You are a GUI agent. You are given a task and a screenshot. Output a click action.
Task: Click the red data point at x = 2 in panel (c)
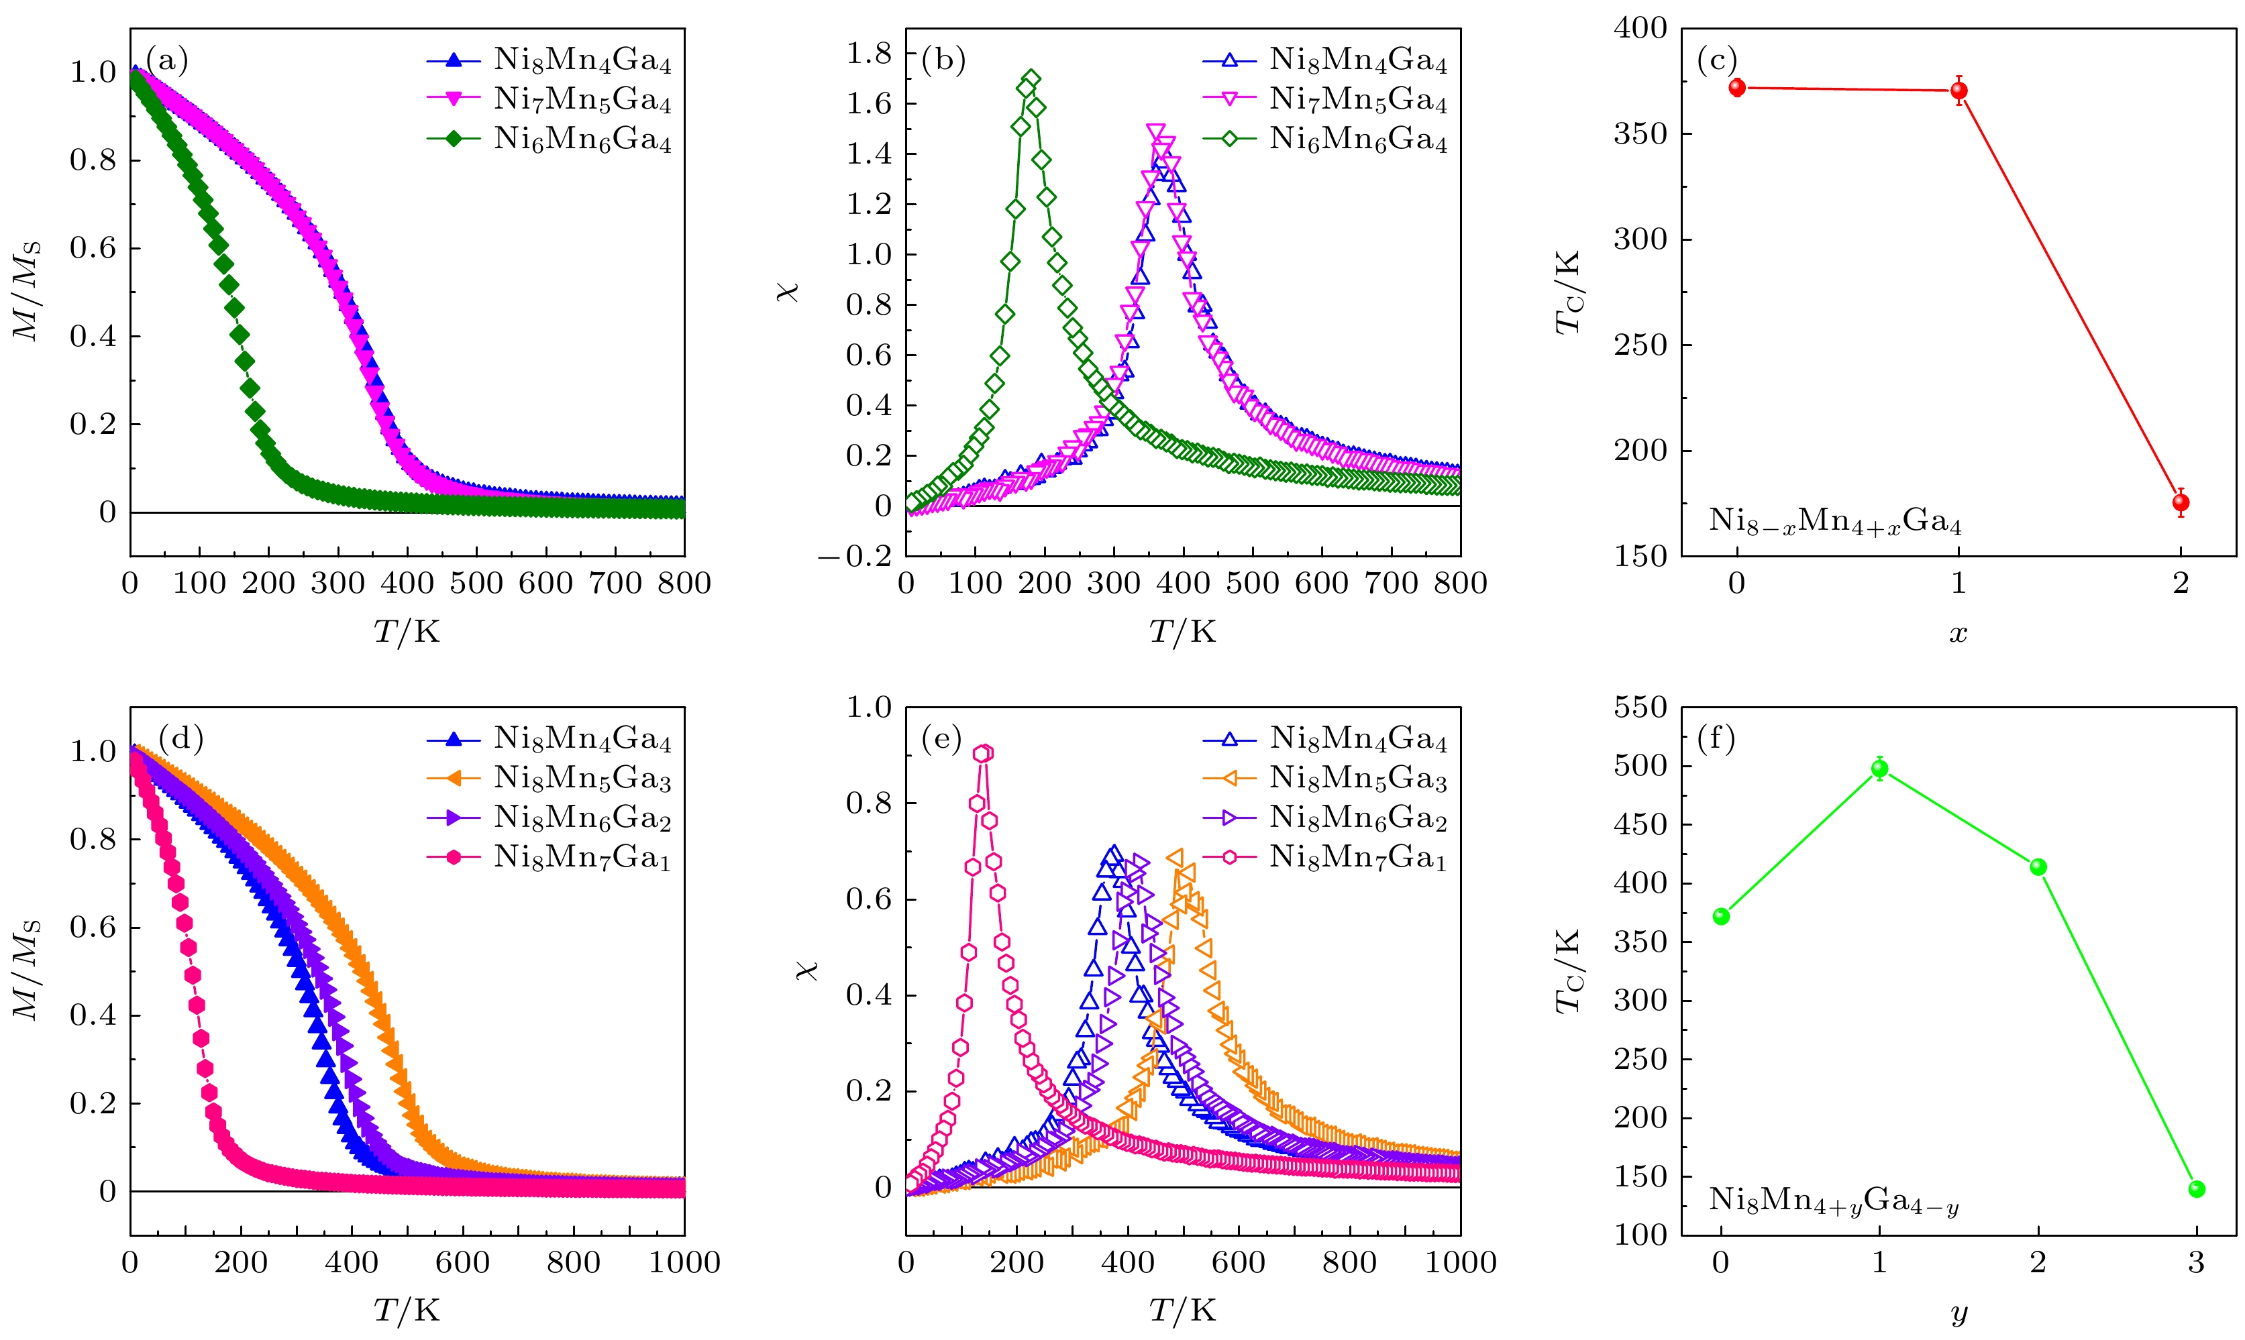pos(2180,503)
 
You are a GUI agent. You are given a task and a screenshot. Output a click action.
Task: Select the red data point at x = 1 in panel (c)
pos(1959,91)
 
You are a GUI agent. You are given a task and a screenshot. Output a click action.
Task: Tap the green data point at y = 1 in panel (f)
pos(1879,769)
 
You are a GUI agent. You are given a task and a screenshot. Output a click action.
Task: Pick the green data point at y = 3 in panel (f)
pos(2196,1189)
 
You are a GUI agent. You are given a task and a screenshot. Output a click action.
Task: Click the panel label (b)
pos(943,60)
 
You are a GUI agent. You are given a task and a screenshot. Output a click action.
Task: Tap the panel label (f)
pos(1716,738)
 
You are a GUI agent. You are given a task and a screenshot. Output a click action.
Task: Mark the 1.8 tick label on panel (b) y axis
pos(868,54)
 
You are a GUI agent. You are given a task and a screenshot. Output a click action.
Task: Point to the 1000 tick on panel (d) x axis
pos(684,1262)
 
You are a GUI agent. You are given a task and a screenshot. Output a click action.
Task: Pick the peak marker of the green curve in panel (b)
pos(1031,78)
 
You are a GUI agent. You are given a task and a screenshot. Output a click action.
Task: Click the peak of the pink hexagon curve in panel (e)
pos(982,753)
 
